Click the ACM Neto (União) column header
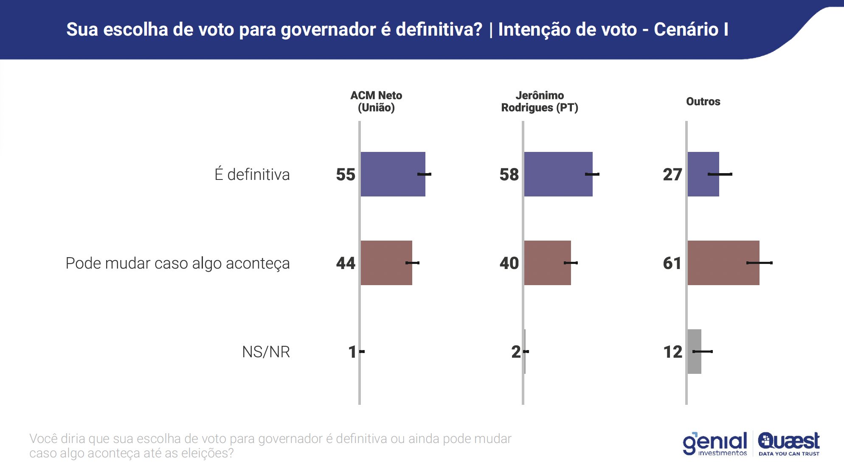coord(376,101)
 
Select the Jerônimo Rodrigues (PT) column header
coord(540,101)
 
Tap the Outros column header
coord(703,101)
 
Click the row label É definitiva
coord(252,174)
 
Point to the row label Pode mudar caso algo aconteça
coord(177,263)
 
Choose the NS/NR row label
coord(266,352)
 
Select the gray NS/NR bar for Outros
coord(694,351)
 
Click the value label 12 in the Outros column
coord(672,352)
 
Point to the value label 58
coord(509,174)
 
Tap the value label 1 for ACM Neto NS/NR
coord(352,352)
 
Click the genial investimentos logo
coord(715,444)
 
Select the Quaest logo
coord(789,444)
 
